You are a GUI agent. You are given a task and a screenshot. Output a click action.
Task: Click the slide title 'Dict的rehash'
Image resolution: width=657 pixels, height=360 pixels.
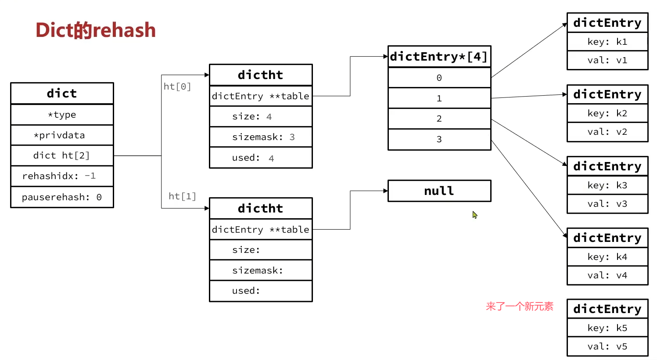coord(96,30)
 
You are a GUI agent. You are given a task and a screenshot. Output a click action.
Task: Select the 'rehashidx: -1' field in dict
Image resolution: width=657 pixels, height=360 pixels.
coord(62,176)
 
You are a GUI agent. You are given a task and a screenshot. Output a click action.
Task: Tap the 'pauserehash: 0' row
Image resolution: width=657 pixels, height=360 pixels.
coord(62,197)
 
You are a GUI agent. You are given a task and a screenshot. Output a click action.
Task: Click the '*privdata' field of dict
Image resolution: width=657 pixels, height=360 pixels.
coord(62,135)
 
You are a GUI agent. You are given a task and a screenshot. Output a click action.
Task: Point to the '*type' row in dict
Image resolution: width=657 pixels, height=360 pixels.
coord(62,115)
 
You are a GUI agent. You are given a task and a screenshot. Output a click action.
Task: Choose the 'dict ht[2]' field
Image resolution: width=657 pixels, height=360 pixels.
coord(62,155)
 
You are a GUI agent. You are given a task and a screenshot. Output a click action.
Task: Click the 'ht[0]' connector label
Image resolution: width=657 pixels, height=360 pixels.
coord(177,86)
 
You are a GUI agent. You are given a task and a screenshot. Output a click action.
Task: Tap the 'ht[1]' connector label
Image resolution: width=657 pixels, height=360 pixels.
coord(182,196)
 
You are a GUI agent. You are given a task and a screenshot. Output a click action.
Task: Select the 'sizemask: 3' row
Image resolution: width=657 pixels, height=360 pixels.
coord(261,137)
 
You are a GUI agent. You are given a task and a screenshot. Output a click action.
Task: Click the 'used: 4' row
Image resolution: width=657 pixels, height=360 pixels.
coord(261,158)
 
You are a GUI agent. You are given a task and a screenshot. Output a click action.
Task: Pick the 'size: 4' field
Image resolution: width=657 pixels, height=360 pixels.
coord(261,116)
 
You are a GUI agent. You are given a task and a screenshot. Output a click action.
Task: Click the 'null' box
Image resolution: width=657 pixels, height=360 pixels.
coord(439,191)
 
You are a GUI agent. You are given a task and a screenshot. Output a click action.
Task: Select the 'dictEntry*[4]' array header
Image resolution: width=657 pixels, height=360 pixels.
coord(439,57)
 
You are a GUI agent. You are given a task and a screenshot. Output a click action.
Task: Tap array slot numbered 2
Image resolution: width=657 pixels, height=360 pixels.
coord(439,119)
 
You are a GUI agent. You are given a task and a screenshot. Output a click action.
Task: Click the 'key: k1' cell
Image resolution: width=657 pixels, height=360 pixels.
coord(607,42)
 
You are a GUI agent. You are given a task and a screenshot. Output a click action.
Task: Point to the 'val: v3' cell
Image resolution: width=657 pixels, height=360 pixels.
coord(607,204)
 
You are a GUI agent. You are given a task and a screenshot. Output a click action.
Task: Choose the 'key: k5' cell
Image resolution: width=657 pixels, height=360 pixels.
coord(607,328)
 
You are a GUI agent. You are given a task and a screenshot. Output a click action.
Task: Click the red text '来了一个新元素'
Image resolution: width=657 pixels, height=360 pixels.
coord(520,306)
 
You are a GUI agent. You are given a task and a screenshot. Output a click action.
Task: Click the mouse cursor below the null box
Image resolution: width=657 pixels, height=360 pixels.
coord(474,215)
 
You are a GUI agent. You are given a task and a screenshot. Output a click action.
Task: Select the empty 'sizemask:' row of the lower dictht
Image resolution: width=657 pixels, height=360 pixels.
coord(261,270)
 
